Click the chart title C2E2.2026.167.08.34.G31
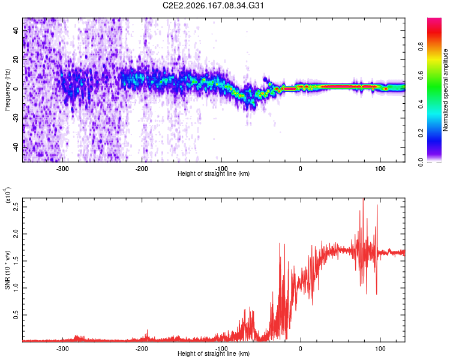(x=213, y=5)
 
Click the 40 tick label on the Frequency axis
(x=16, y=30)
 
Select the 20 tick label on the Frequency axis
(x=16, y=59)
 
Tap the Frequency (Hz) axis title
(x=7, y=89)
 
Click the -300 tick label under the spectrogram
(x=62, y=169)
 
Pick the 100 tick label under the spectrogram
(x=380, y=169)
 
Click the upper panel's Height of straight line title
(x=214, y=173)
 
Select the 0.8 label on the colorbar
(x=421, y=46)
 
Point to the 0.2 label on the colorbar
(x=421, y=133)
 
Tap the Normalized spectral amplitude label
(x=445, y=90)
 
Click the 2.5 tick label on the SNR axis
(x=16, y=206)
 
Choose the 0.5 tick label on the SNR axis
(x=16, y=315)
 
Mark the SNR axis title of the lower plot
(x=7, y=270)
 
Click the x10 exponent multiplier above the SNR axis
(x=7, y=195)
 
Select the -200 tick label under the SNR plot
(x=142, y=349)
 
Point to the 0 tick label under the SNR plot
(x=301, y=349)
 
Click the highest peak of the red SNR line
(x=364, y=199)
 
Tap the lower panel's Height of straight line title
(x=214, y=353)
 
